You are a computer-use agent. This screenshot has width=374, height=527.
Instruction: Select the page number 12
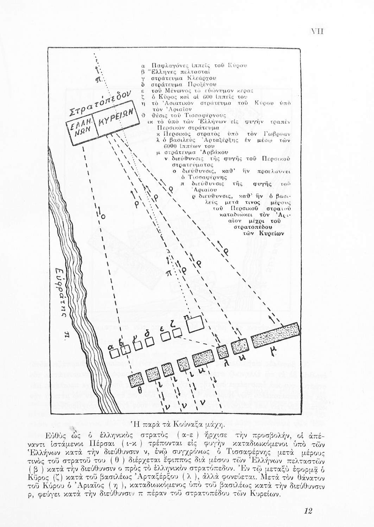(x=307, y=510)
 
